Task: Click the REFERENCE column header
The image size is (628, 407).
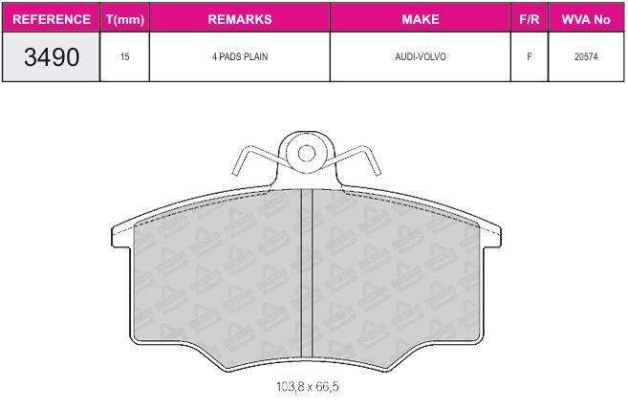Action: click(52, 19)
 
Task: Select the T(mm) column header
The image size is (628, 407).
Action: click(125, 19)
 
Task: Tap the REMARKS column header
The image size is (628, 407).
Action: click(240, 19)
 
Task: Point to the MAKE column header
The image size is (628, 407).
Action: click(421, 19)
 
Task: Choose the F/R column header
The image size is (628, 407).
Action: click(530, 19)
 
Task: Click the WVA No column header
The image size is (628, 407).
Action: click(586, 19)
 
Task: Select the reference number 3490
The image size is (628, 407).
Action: click(52, 56)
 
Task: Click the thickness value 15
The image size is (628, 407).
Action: click(124, 56)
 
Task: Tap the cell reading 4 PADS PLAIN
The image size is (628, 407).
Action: click(240, 56)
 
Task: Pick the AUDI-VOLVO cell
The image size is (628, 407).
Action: click(421, 56)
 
